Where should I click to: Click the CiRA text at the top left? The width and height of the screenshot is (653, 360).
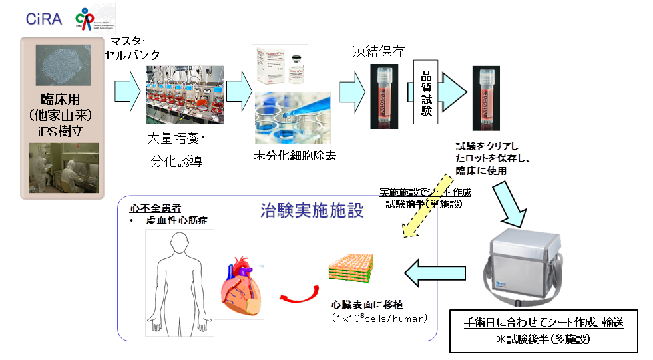[44, 18]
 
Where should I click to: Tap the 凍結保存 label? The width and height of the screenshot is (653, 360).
[378, 51]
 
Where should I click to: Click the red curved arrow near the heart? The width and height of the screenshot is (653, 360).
[298, 293]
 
